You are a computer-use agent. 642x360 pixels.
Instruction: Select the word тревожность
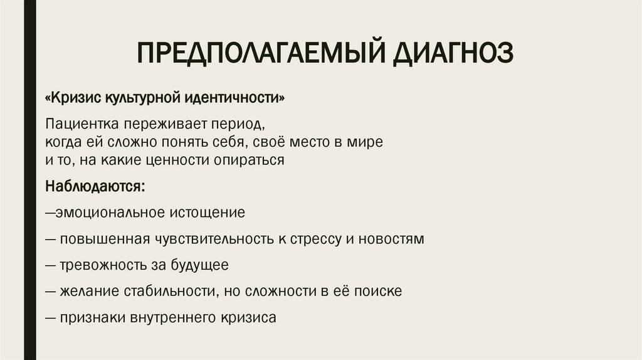click(x=100, y=265)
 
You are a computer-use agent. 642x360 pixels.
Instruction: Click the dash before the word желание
click(x=51, y=292)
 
